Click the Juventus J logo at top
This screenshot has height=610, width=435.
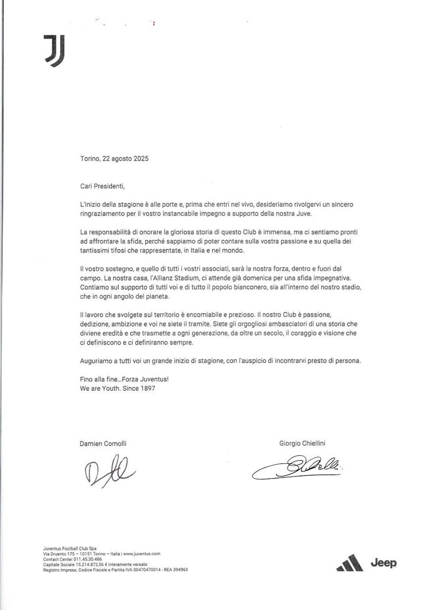(x=54, y=50)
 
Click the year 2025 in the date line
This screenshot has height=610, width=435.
(x=139, y=159)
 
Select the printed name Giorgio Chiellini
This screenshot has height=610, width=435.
(x=302, y=443)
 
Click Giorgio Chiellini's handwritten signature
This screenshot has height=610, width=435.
(x=297, y=468)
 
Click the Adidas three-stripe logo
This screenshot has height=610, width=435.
(x=350, y=563)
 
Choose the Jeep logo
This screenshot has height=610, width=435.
(x=383, y=563)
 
